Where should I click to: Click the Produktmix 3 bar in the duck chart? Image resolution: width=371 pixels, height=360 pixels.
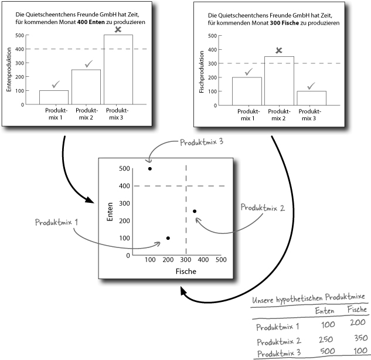pyautogui.click(x=118, y=69)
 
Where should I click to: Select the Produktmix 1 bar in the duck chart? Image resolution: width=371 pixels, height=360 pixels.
pyautogui.click(x=53, y=97)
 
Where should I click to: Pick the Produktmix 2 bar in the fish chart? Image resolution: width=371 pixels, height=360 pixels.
pyautogui.click(x=279, y=80)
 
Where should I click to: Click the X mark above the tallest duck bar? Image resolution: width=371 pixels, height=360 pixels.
pyautogui.click(x=118, y=30)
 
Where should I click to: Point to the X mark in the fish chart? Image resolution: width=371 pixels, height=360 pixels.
pyautogui.click(x=279, y=50)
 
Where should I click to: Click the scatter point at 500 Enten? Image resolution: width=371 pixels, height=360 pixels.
pyautogui.click(x=150, y=169)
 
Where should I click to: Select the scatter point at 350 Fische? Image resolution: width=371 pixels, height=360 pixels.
pyautogui.click(x=195, y=211)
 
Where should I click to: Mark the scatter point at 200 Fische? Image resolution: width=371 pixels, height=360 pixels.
pyautogui.click(x=168, y=237)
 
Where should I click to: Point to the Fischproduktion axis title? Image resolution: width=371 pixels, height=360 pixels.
pyautogui.click(x=202, y=69)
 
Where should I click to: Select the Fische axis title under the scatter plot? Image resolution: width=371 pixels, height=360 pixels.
pyautogui.click(x=185, y=271)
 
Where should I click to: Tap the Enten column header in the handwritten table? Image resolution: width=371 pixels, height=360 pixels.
pyautogui.click(x=325, y=310)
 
